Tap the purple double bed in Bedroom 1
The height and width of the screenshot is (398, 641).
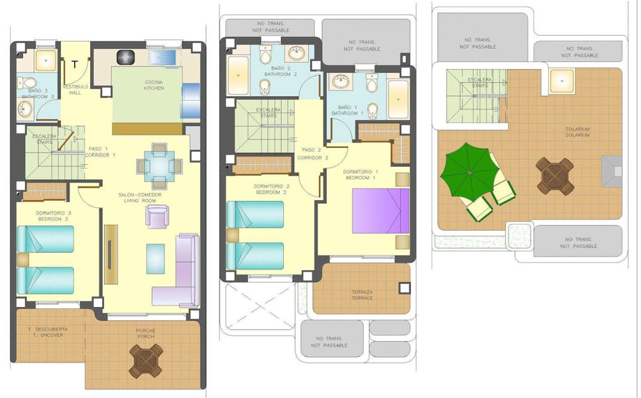[375, 210]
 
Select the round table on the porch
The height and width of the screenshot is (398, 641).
[145, 362]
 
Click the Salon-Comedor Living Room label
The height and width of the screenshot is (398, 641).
[140, 197]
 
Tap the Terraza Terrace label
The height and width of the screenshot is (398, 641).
[361, 295]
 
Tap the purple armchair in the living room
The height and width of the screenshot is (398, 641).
[157, 217]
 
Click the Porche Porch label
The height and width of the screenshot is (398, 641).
[145, 334]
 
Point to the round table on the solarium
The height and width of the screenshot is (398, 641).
[553, 174]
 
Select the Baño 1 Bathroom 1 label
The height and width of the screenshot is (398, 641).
[348, 110]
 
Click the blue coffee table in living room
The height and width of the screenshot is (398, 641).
[156, 257]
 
